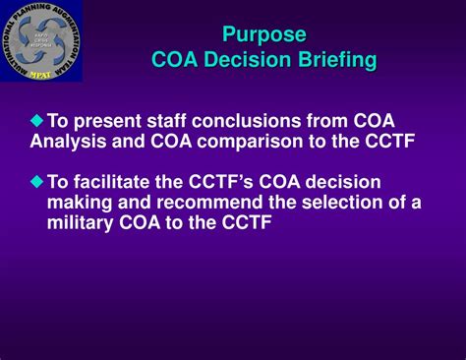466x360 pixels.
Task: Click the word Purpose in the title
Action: point(263,35)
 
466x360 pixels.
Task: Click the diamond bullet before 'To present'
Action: point(37,120)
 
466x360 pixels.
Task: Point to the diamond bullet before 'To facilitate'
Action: point(37,181)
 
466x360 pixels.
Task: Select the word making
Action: point(80,203)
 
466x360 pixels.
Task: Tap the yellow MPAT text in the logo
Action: point(41,73)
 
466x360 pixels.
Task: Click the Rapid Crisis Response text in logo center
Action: point(41,41)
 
